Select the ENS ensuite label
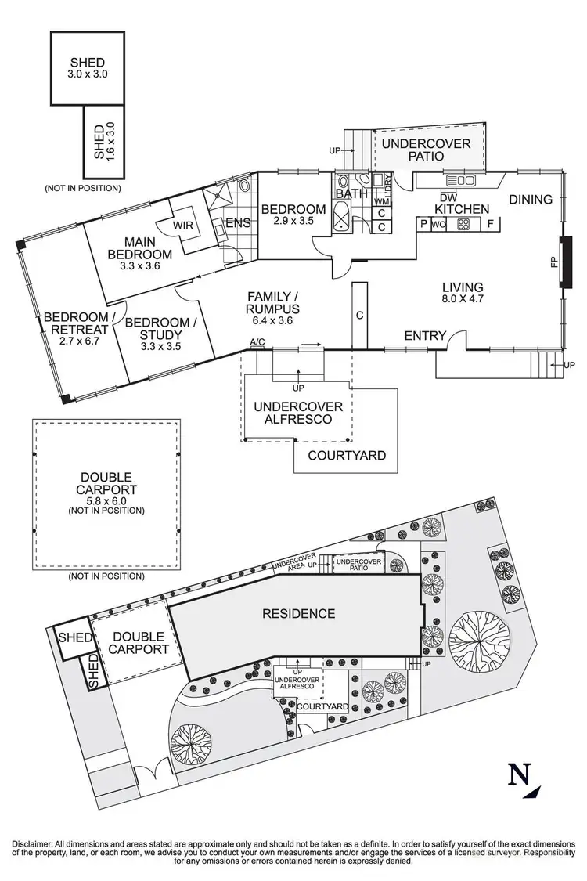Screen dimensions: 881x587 pyautogui.click(x=238, y=223)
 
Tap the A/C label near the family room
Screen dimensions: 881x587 pyautogui.click(x=257, y=342)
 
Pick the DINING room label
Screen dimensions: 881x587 pyautogui.click(x=531, y=200)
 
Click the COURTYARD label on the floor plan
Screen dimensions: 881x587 pyautogui.click(x=346, y=455)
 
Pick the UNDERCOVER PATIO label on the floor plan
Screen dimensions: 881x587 pyautogui.click(x=426, y=150)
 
